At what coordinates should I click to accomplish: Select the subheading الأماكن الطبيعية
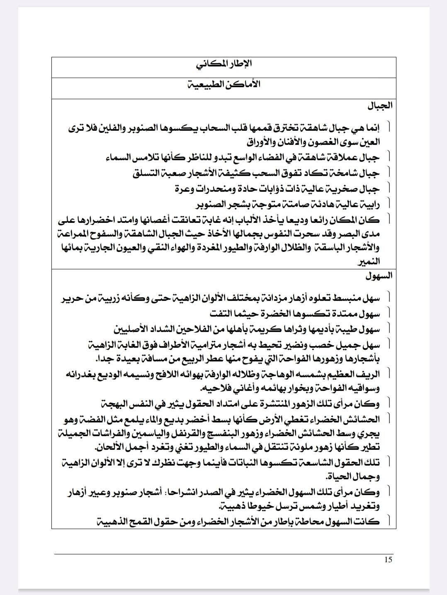coord(224,84)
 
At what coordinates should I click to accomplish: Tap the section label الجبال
coord(379,106)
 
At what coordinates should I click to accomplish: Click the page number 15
coord(388,560)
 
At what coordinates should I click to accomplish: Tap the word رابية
coord(369,204)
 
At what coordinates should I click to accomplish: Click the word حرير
coord(73,297)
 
